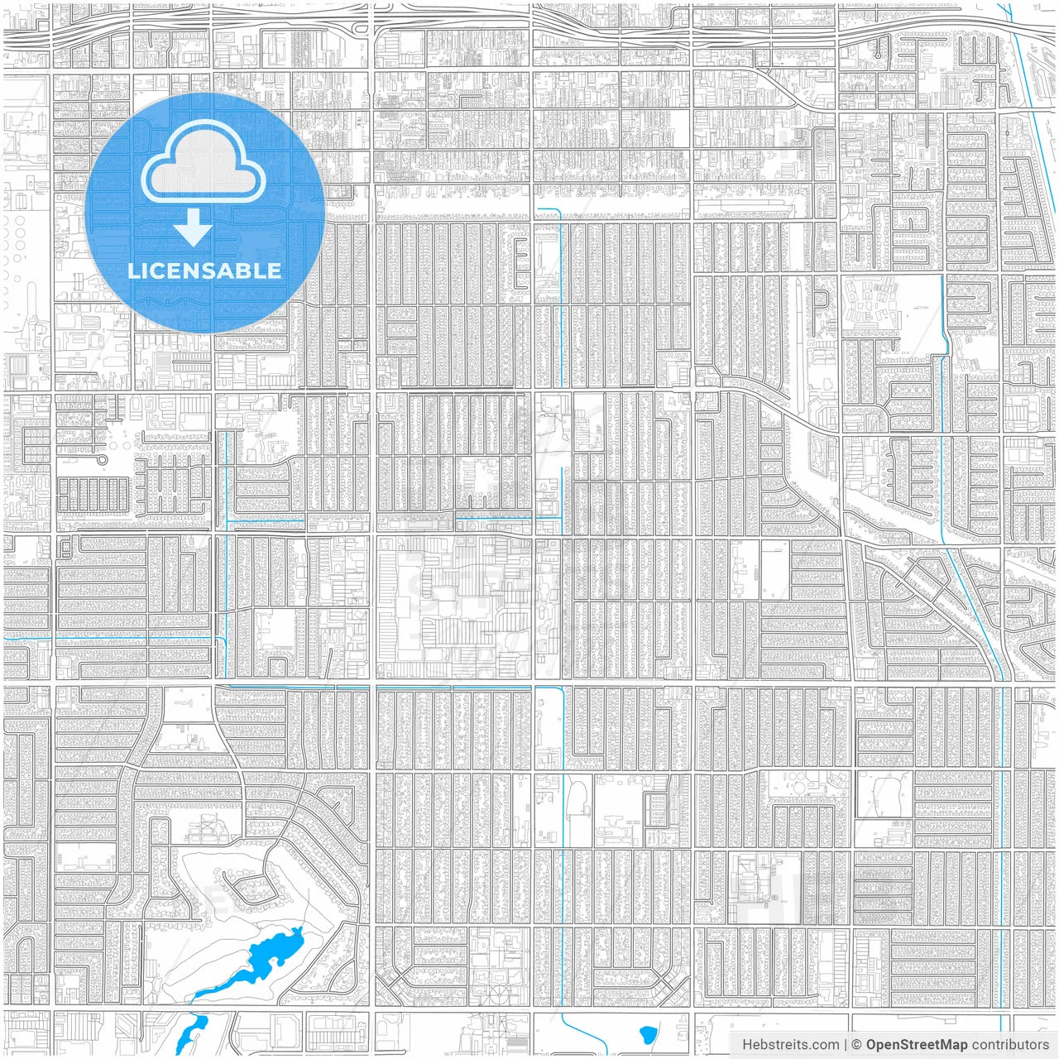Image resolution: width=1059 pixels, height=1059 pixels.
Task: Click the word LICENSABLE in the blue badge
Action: (x=204, y=271)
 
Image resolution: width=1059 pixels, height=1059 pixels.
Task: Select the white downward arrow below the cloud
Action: (x=194, y=228)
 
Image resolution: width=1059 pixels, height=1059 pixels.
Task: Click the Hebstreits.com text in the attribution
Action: (x=790, y=1045)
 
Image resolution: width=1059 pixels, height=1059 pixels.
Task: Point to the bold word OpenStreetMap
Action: (x=917, y=1045)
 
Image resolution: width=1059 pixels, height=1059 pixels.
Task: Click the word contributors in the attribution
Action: (x=1010, y=1045)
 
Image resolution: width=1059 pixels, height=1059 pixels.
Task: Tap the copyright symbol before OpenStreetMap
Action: (x=857, y=1045)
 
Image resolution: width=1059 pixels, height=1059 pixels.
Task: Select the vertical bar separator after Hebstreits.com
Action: (x=845, y=1045)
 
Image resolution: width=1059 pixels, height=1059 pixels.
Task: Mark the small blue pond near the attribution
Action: (x=648, y=1033)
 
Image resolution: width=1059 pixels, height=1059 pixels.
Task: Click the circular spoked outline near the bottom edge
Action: (x=497, y=992)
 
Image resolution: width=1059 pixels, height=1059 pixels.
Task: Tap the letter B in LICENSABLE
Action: (x=245, y=271)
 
